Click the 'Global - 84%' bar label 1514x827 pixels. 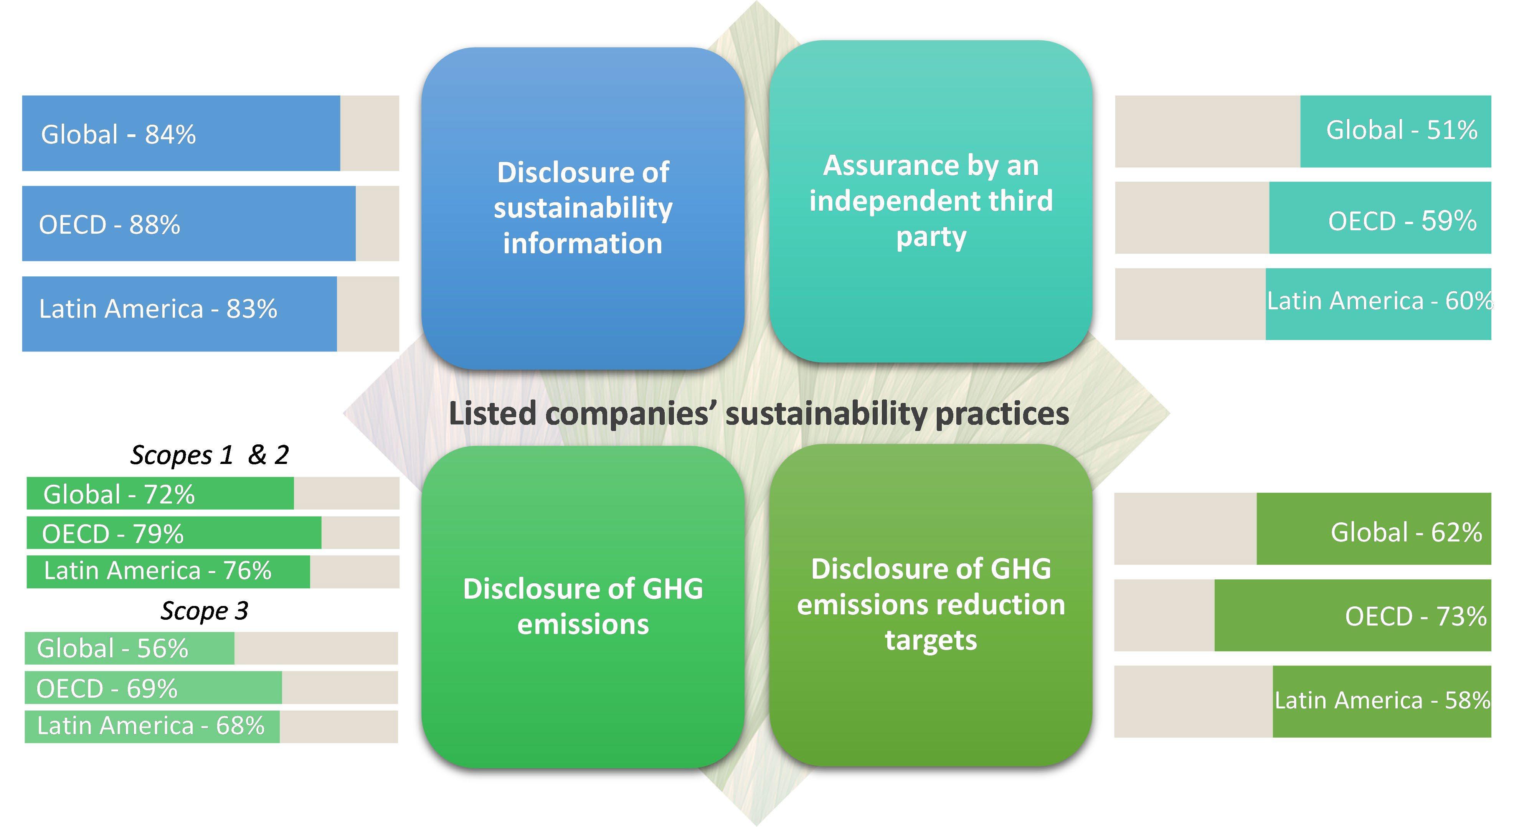(x=118, y=135)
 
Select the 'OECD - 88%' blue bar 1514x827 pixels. (x=188, y=224)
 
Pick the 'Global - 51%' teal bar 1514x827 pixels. (x=1395, y=131)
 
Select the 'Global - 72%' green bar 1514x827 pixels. (x=160, y=494)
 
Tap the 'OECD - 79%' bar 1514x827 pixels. (x=173, y=533)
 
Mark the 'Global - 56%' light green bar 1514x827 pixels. (x=129, y=648)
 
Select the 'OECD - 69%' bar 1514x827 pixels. (x=153, y=688)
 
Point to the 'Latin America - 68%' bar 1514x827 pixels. (x=152, y=726)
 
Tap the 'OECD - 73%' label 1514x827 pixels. (x=1415, y=617)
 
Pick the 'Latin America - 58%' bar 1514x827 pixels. (x=1381, y=701)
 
